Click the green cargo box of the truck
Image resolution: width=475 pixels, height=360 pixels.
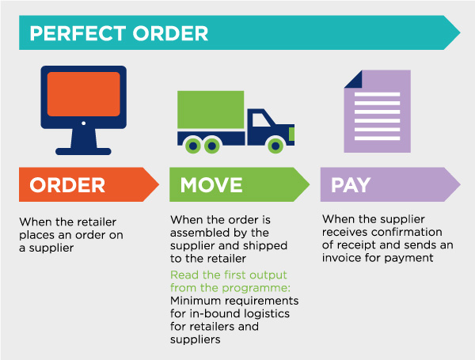(210, 112)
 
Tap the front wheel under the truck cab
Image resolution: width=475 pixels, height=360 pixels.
(275, 145)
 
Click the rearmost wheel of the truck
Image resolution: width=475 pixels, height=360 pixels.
(192, 145)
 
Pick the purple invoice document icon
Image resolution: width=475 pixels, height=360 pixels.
(377, 111)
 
